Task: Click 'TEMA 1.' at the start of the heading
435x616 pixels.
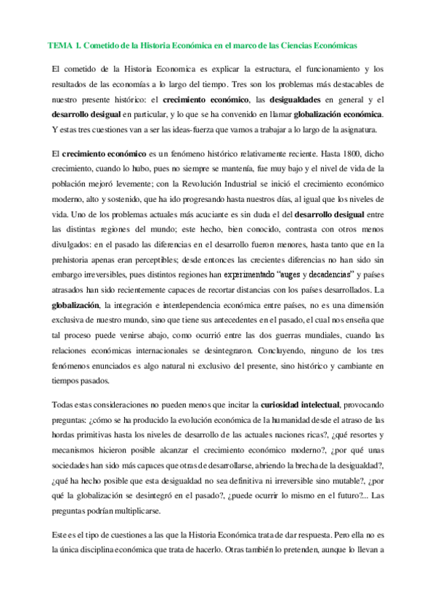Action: click(64, 45)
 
